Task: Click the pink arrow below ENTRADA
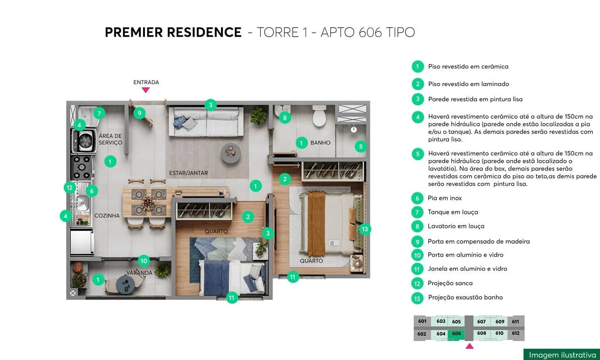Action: point(146,90)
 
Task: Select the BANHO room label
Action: point(320,143)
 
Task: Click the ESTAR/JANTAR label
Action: point(189,173)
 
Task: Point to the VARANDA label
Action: point(139,273)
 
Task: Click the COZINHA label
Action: point(107,216)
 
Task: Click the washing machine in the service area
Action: point(85,140)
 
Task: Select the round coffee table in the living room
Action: point(231,152)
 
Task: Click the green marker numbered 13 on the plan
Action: point(365,229)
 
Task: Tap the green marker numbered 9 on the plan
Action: point(139,113)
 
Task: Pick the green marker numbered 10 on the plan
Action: point(144,261)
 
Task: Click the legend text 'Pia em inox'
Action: point(445,198)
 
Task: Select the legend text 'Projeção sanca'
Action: point(450,283)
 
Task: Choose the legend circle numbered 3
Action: point(418,99)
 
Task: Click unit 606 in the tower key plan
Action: point(456,334)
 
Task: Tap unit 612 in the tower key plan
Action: point(516,334)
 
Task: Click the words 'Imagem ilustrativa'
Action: point(562,355)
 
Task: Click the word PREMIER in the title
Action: point(140,32)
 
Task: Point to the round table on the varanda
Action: point(125,283)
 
